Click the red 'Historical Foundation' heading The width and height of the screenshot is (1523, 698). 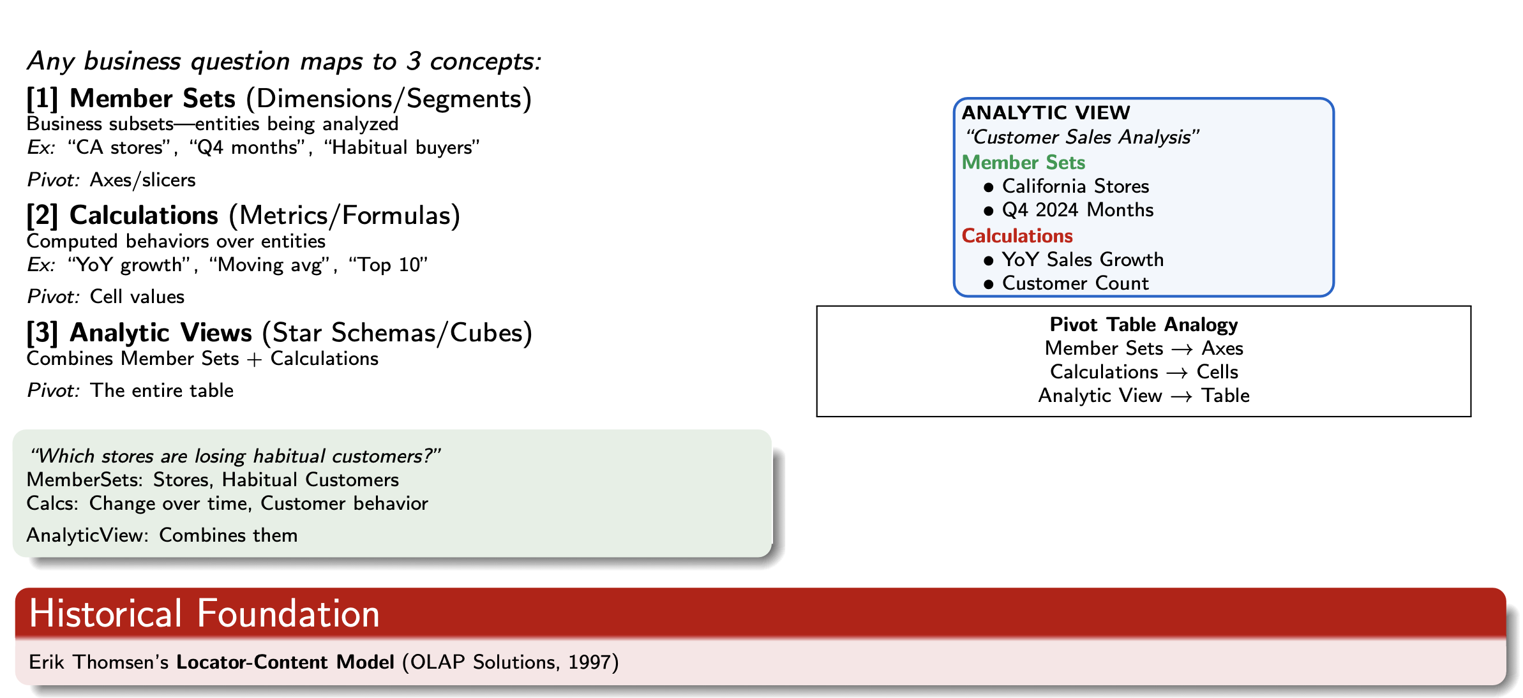point(204,614)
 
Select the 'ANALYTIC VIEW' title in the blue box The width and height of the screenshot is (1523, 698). point(1046,113)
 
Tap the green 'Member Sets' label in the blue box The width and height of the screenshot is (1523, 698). point(1023,163)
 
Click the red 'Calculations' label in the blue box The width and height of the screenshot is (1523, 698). point(1017,236)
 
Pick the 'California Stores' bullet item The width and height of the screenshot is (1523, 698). point(1075,186)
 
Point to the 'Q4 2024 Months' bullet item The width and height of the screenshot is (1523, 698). point(1077,210)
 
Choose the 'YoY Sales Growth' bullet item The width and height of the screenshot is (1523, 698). point(1083,260)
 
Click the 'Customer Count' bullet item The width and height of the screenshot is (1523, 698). point(1075,283)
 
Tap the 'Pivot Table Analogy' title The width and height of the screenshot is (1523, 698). point(1143,325)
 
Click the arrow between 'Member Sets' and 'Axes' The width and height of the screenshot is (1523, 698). point(1182,350)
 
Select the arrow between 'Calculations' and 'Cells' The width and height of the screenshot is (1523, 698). point(1177,373)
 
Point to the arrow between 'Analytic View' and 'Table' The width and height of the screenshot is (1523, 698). point(1182,397)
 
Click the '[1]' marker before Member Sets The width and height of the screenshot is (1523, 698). point(43,99)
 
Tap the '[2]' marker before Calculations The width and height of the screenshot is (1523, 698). point(43,216)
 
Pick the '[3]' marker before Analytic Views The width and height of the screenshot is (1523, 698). point(43,333)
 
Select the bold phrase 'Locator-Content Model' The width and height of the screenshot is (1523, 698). point(285,662)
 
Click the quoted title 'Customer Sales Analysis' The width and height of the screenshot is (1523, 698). point(1082,137)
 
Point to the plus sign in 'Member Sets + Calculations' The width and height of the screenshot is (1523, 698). point(254,360)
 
